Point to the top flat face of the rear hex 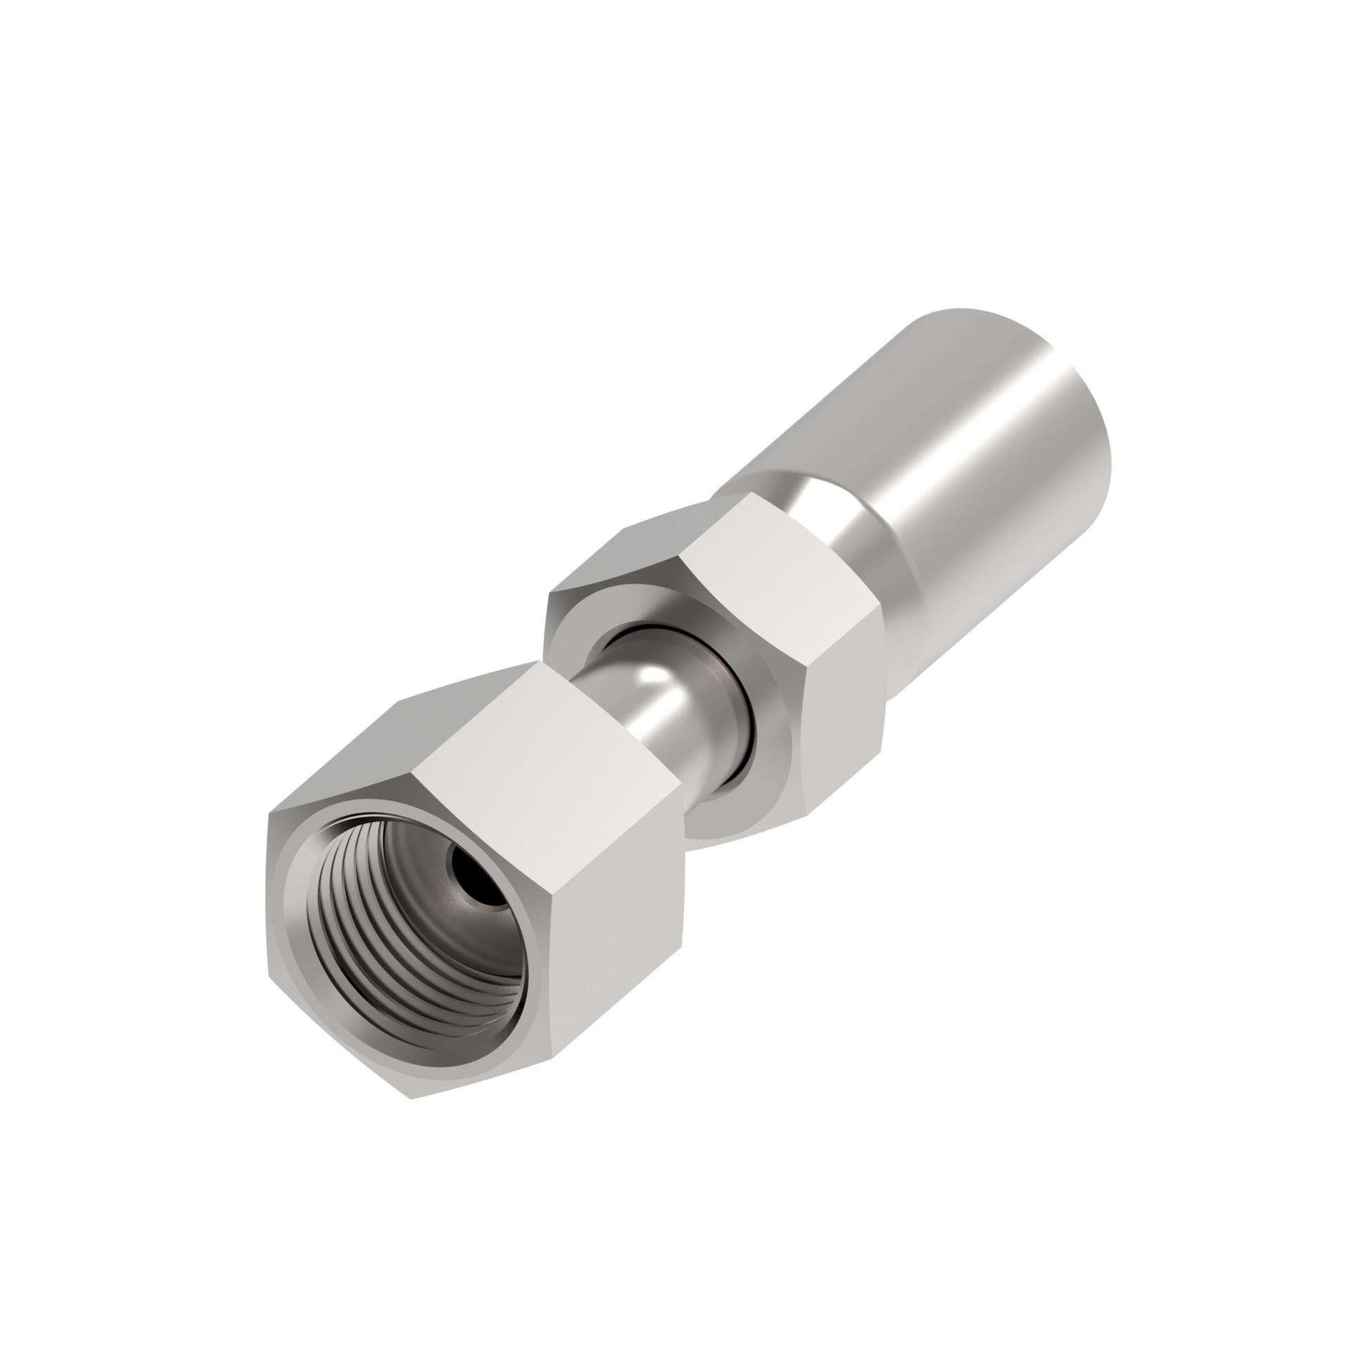click(746, 556)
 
